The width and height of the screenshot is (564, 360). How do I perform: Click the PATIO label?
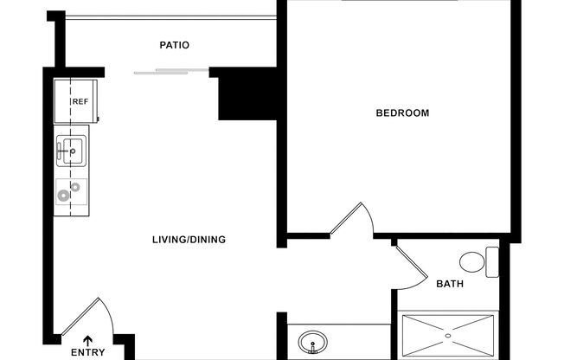pyautogui.click(x=174, y=45)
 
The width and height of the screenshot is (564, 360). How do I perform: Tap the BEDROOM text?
pyautogui.click(x=401, y=113)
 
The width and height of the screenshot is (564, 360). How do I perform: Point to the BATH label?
pyautogui.click(x=449, y=284)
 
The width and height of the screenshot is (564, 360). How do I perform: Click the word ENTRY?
pyautogui.click(x=87, y=353)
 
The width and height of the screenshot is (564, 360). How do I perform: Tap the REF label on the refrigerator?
pyautogui.click(x=80, y=102)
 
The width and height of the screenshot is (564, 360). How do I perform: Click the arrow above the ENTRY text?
pyautogui.click(x=87, y=340)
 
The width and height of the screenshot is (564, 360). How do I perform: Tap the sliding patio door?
pyautogui.click(x=171, y=71)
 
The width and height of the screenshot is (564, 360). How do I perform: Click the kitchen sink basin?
pyautogui.click(x=71, y=151)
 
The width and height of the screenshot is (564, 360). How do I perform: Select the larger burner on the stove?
pyautogui.click(x=64, y=196)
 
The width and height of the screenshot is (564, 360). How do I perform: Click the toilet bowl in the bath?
pyautogui.click(x=472, y=262)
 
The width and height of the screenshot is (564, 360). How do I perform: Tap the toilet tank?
pyautogui.click(x=492, y=262)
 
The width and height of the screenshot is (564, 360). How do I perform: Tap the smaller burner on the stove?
pyautogui.click(x=76, y=187)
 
